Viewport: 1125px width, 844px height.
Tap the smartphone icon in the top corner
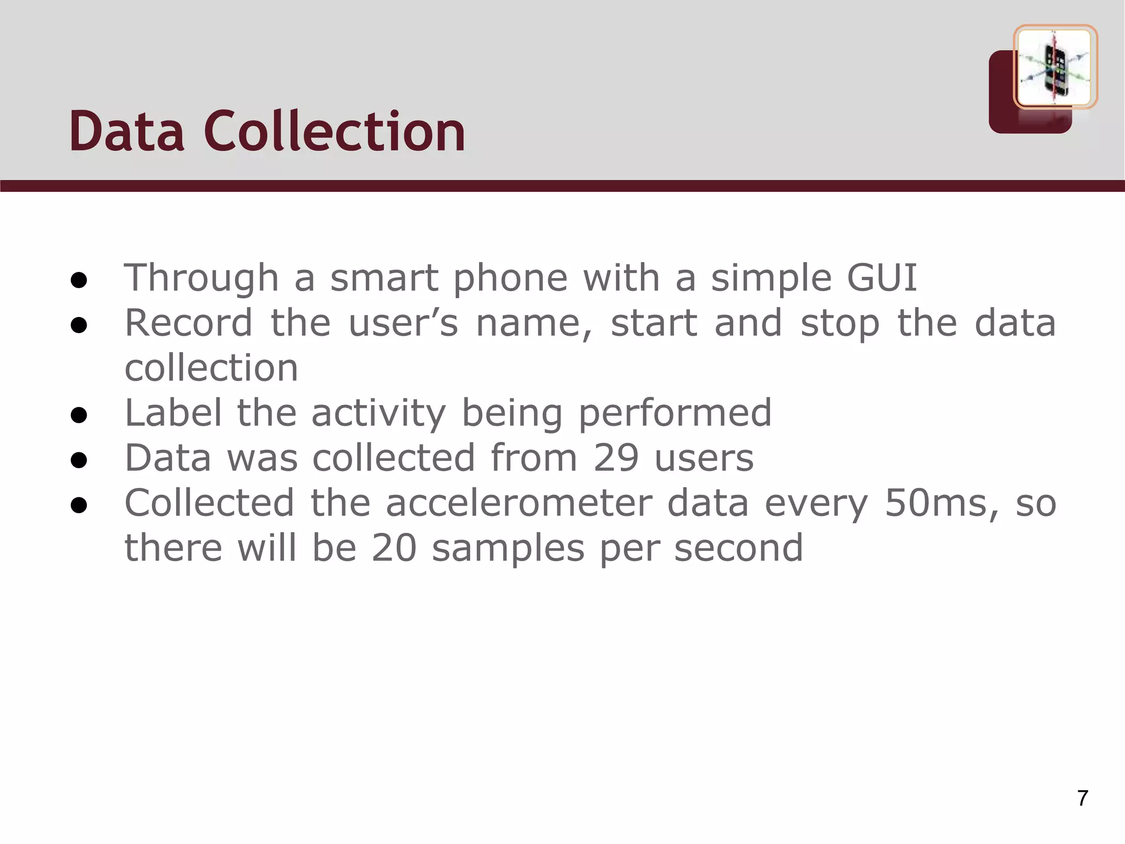(x=1055, y=67)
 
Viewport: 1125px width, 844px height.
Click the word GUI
(x=882, y=277)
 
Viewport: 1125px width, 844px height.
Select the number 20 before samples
(x=394, y=548)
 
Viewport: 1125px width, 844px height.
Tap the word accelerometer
(x=519, y=503)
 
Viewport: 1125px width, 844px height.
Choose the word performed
(x=675, y=413)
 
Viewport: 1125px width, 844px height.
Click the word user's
(x=403, y=323)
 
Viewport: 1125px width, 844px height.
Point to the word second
(x=739, y=548)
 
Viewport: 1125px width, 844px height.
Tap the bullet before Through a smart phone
(x=79, y=280)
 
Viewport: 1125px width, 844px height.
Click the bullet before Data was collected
(x=79, y=460)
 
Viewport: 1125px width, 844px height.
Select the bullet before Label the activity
(x=79, y=415)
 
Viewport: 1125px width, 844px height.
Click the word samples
(x=508, y=549)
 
